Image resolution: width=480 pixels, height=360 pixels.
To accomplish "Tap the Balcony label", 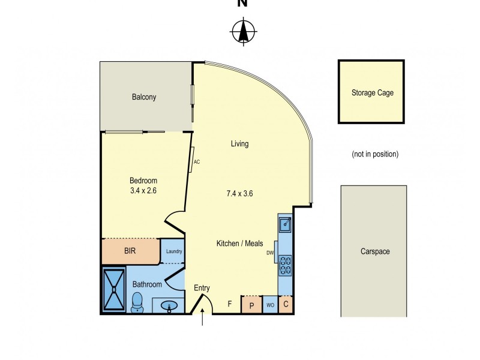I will (144, 97).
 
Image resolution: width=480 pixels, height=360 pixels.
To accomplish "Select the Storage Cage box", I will (373, 92).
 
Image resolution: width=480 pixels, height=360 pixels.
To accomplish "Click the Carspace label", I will (375, 251).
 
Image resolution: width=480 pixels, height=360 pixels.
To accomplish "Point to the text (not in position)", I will (375, 154).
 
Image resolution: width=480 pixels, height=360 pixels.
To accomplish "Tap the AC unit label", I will (196, 161).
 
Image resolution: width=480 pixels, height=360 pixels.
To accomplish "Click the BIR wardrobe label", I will (130, 251).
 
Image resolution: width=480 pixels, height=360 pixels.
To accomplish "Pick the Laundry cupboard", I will (173, 251).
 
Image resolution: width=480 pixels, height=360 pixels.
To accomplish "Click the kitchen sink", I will (284, 224).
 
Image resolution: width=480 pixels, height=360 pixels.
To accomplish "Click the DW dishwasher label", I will (270, 253).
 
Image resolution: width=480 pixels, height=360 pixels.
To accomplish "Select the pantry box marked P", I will (251, 305).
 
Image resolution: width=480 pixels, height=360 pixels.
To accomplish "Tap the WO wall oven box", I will (270, 305).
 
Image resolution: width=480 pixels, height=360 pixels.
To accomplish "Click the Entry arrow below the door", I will (203, 319).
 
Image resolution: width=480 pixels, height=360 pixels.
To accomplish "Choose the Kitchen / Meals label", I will (240, 244).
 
